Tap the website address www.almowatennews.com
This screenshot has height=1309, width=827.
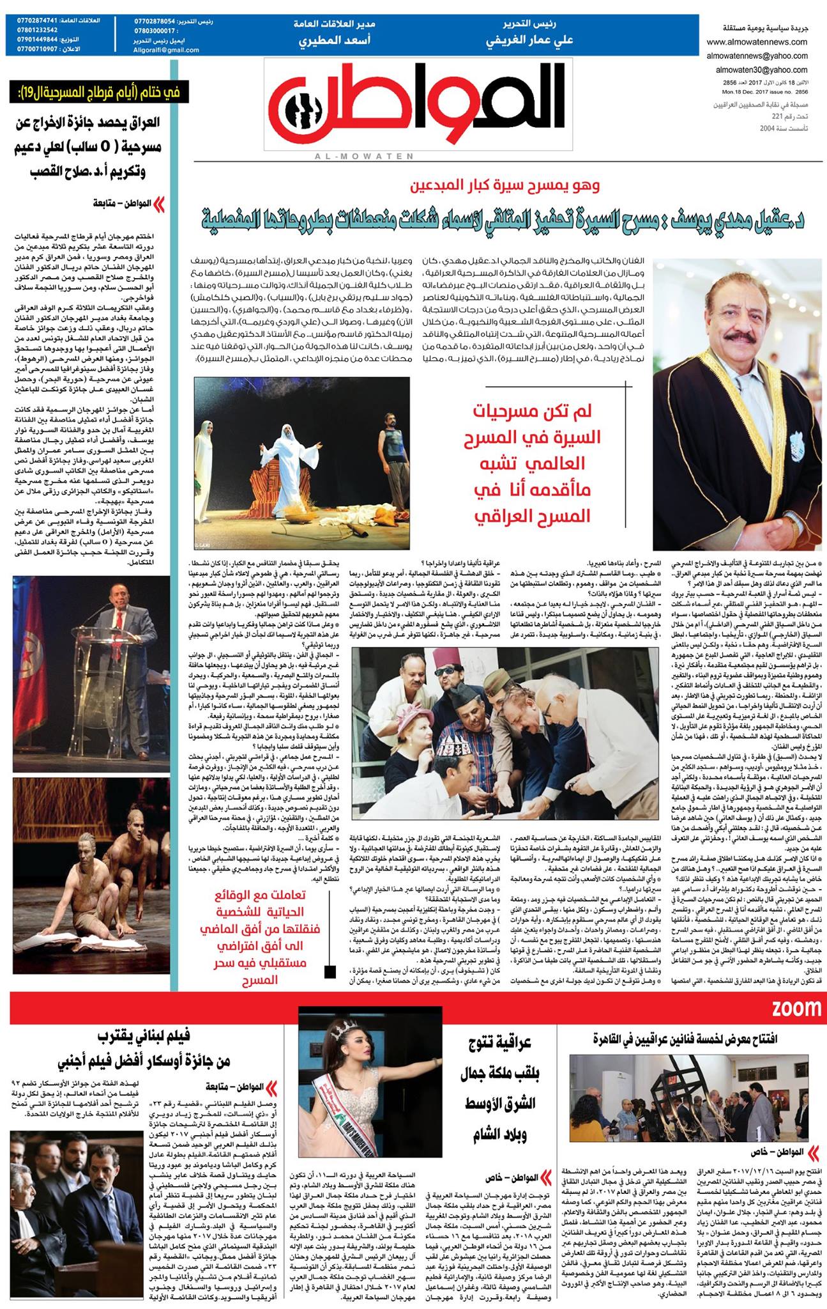click(x=757, y=42)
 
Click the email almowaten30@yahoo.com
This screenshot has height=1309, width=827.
click(x=761, y=70)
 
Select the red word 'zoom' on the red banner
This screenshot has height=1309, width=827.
click(x=796, y=1009)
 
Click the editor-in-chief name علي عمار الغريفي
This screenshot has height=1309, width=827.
click(x=529, y=40)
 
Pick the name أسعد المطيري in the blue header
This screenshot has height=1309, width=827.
click(x=334, y=40)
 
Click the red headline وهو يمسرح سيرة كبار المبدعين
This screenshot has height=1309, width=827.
click(x=505, y=186)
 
